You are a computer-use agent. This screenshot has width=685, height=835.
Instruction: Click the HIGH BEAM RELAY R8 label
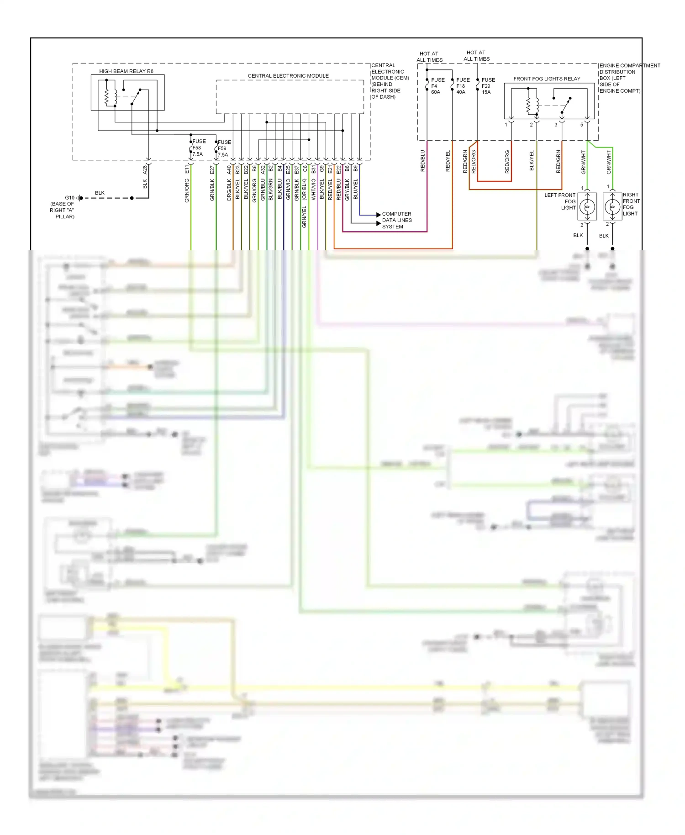(x=126, y=71)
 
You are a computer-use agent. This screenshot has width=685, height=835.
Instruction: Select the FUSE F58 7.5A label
(x=198, y=148)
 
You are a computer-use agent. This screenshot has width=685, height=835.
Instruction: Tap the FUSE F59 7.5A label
(x=224, y=148)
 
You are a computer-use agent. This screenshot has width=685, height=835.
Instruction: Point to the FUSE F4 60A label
(x=437, y=86)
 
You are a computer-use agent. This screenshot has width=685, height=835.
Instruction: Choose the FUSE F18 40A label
(x=462, y=86)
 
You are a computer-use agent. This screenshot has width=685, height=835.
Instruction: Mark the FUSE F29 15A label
(x=487, y=86)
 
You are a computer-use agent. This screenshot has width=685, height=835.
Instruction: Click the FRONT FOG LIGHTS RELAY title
(x=547, y=79)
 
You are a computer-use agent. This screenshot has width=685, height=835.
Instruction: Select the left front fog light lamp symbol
(x=587, y=207)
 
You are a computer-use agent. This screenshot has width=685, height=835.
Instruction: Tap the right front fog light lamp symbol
(x=612, y=207)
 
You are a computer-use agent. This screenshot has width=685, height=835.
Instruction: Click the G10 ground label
(x=69, y=198)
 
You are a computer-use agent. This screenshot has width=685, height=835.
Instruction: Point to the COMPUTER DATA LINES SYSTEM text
(x=396, y=220)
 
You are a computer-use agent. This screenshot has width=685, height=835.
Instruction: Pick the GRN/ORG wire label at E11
(x=187, y=190)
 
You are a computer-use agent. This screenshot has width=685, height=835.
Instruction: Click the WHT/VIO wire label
(x=314, y=189)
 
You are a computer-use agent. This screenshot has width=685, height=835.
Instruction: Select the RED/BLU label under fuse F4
(x=422, y=161)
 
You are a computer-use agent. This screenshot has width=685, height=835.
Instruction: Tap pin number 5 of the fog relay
(x=581, y=125)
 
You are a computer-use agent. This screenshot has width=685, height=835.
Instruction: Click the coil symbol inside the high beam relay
(x=107, y=96)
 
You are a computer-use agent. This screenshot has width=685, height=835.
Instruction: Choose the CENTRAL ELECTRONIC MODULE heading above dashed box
(x=288, y=76)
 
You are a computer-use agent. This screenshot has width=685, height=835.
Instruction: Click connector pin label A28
(x=145, y=169)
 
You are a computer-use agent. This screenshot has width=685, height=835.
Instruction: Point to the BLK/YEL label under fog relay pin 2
(x=532, y=161)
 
